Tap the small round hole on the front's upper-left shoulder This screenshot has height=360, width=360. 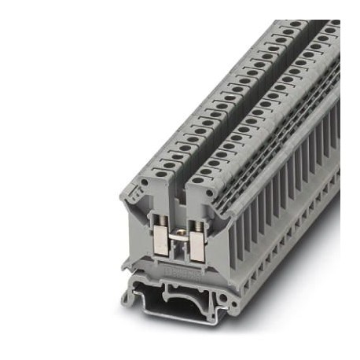(x=146, y=186)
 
